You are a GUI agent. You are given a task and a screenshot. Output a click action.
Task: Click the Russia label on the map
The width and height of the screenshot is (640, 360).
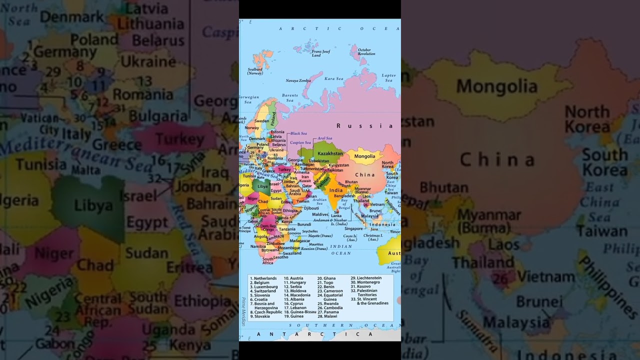coord(364,126)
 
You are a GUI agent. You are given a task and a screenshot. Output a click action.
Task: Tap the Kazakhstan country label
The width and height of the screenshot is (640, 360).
coord(330,153)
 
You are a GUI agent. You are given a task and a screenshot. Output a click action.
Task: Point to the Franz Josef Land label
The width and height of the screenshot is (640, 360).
coord(320,53)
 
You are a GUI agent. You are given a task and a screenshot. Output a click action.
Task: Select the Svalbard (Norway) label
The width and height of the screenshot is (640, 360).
coord(255,71)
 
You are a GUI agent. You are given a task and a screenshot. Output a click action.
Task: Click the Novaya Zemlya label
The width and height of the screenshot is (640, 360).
coord(298,80)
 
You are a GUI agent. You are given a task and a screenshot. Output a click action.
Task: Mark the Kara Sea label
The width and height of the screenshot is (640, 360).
coord(333,78)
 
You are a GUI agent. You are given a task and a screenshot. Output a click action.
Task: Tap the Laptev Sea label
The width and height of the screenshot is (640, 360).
coord(388,77)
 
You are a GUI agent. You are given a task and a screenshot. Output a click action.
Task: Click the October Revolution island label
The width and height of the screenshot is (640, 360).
coord(366,51)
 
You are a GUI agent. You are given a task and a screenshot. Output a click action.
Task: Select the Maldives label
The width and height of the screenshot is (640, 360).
coord(320,214)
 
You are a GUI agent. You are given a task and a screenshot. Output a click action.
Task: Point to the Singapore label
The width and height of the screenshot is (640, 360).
coord(353,228)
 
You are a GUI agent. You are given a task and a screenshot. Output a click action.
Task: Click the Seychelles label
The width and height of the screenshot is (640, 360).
coord(309,231)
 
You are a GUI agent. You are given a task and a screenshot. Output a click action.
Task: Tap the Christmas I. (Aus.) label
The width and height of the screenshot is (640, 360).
coord(373,237)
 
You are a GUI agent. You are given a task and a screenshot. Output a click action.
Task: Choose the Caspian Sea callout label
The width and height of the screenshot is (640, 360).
coord(300,142)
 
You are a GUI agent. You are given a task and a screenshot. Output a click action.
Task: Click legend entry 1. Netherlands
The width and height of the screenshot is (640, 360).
coord(263,278)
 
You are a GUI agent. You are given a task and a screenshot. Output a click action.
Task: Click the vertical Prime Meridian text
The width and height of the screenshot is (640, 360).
coord(243,311)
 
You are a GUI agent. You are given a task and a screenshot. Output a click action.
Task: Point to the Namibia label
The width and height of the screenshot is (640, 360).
coord(258,246)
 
